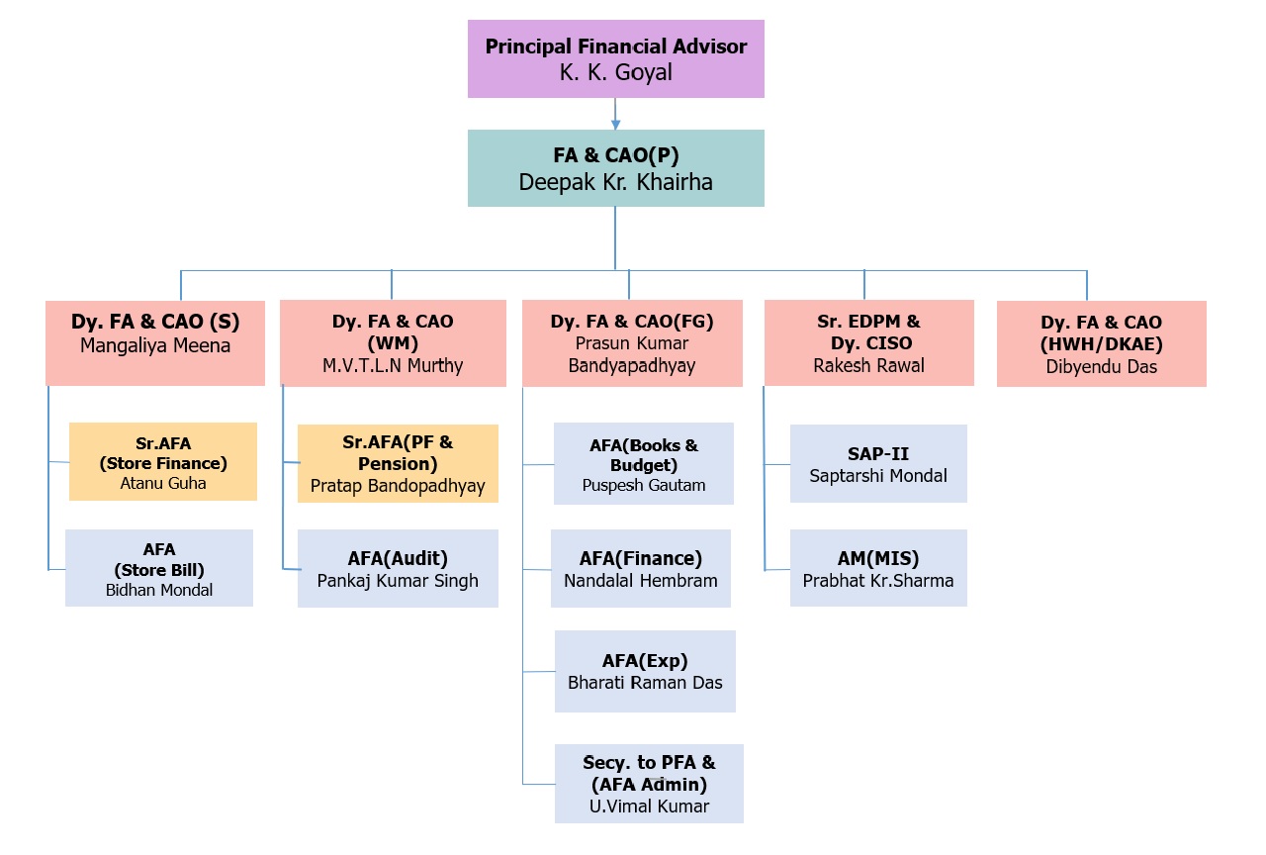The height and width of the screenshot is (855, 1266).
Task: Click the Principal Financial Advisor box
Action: click(615, 58)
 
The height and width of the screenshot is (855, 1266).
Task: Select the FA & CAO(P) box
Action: click(615, 168)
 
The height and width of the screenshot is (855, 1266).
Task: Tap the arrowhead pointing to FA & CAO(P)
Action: click(615, 125)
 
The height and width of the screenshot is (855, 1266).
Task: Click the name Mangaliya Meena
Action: click(155, 345)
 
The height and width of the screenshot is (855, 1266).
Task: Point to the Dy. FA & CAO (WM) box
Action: click(393, 343)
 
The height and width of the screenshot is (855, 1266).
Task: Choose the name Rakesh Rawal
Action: click(868, 365)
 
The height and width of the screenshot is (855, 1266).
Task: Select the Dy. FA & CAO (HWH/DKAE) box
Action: click(1101, 343)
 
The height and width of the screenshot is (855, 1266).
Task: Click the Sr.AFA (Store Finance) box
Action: click(163, 461)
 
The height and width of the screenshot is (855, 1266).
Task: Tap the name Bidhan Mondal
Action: click(159, 590)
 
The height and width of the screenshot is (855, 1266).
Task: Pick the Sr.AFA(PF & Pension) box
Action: click(398, 464)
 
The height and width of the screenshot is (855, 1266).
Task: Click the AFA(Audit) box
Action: click(398, 568)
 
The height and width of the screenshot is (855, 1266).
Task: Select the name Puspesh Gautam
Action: click(644, 485)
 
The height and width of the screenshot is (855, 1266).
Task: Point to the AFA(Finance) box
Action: click(640, 568)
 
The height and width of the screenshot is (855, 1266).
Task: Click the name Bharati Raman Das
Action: click(645, 683)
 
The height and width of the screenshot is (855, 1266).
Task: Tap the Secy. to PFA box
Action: click(649, 784)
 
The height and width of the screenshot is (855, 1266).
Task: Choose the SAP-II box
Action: click(878, 464)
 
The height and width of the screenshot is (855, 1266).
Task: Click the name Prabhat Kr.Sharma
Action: click(878, 581)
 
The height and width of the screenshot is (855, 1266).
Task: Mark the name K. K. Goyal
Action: click(615, 72)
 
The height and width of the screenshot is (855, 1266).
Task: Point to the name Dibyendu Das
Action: click(1101, 366)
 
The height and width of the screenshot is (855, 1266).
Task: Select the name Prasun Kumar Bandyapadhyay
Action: click(632, 354)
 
